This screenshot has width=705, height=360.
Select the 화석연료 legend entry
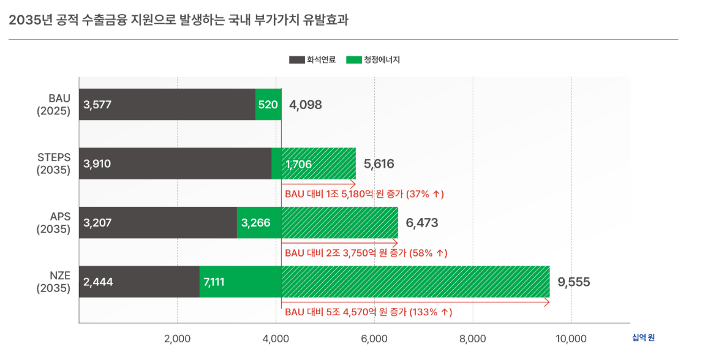pos(312,60)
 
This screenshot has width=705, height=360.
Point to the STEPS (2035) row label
pos(54,163)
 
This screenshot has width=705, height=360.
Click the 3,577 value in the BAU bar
pos(98,105)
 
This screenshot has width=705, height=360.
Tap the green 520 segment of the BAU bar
pos(268,105)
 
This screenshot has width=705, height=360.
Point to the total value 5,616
pos(379,164)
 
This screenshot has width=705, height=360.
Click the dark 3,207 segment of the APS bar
pos(98,223)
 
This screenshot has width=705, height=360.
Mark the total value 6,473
pos(422,223)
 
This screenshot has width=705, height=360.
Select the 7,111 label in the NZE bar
pos(213,282)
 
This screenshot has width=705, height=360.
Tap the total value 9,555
pos(574,282)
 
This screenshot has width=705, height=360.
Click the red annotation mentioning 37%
pos(364,194)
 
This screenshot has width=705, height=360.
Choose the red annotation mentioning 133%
pos(369,312)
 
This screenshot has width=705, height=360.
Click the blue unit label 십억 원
pos(647,337)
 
